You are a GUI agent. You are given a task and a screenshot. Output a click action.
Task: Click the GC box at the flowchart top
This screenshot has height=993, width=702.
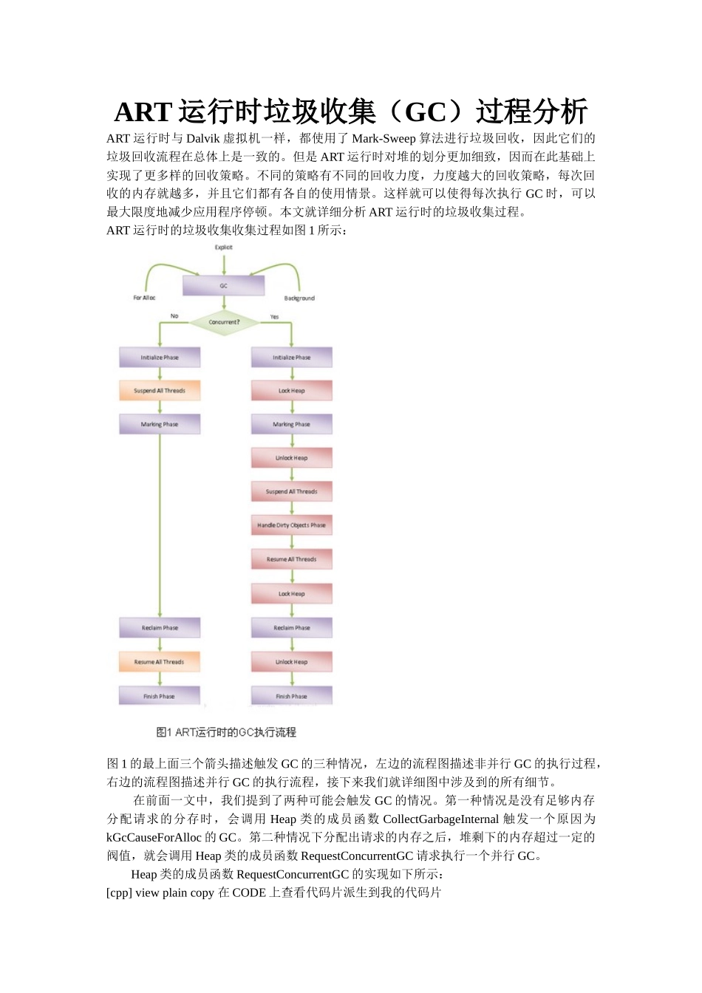pos(223,286)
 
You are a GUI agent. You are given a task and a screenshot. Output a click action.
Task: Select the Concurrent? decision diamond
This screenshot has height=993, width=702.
pos(224,322)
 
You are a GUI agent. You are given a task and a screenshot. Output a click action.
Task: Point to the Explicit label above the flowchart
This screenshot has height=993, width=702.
pos(224,248)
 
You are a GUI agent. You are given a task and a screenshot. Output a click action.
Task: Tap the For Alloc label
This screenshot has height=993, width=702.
pos(144,298)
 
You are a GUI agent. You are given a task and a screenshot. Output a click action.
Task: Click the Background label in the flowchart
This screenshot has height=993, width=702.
pos(299,298)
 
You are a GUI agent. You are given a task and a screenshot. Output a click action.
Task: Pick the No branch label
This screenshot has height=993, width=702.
pos(174,316)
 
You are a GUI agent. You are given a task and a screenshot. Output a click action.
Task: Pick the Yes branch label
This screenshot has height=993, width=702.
pos(274,317)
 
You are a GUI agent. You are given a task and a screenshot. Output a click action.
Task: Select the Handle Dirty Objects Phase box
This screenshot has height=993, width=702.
pos(292,525)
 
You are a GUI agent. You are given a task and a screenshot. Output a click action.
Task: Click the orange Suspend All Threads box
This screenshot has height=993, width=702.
pos(160,391)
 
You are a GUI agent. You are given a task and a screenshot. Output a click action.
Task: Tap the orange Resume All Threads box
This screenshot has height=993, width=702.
pos(160,662)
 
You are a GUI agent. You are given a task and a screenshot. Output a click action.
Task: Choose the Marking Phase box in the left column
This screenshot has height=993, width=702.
pos(160,425)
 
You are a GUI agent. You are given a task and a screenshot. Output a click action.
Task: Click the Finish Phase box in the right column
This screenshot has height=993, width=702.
pos(292,696)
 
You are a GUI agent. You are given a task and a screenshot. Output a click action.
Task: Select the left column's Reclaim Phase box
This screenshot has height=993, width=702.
pos(160,628)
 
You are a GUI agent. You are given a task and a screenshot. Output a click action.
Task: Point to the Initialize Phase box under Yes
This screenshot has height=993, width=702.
pos(292,358)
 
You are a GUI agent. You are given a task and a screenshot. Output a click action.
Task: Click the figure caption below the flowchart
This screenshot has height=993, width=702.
pos(226,732)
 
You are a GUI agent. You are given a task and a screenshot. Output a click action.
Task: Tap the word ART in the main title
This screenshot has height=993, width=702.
pos(143,112)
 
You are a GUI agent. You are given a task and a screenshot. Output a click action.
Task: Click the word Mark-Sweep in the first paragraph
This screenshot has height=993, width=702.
pos(384,138)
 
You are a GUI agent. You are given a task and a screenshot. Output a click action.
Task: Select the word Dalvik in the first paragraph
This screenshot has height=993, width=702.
pos(203,138)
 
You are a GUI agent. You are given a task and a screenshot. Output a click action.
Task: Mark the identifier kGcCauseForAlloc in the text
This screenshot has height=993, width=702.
pos(154,837)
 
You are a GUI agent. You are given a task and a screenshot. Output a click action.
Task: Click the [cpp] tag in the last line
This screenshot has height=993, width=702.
pos(119,893)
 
